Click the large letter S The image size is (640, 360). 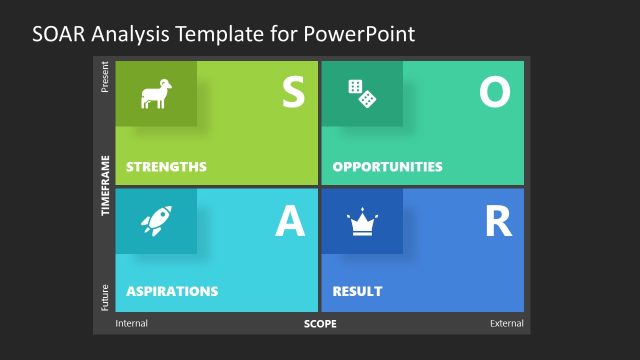point(292,92)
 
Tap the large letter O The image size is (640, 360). point(494,92)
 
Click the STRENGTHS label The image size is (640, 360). point(166,166)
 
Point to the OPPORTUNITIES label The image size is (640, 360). point(387,166)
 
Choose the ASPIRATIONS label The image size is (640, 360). point(172,292)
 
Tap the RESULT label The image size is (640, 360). point(357,292)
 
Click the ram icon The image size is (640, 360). point(156,94)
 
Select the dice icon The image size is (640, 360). point(362,94)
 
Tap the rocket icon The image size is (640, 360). point(156,221)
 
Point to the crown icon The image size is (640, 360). point(361,221)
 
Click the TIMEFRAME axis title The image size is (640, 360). point(104,186)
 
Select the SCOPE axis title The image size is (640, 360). point(320,324)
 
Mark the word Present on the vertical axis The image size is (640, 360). point(104,77)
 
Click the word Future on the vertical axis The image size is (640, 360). point(104,298)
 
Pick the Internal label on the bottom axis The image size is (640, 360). point(132,324)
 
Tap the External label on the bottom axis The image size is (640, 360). point(506,324)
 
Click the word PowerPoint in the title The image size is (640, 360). point(364,33)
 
